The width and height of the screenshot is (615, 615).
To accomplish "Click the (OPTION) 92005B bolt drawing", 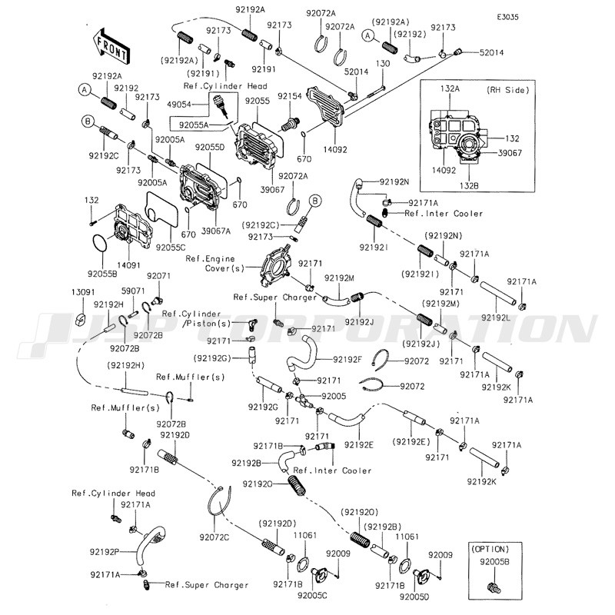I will point(492,588).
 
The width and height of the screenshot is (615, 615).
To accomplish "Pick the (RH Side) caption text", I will point(509,91).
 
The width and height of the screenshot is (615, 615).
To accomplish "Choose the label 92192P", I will point(105,551).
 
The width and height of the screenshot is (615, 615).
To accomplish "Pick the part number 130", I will point(382,64).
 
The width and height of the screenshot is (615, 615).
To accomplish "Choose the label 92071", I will point(158,275).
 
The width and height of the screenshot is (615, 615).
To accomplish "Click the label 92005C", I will point(313,594).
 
